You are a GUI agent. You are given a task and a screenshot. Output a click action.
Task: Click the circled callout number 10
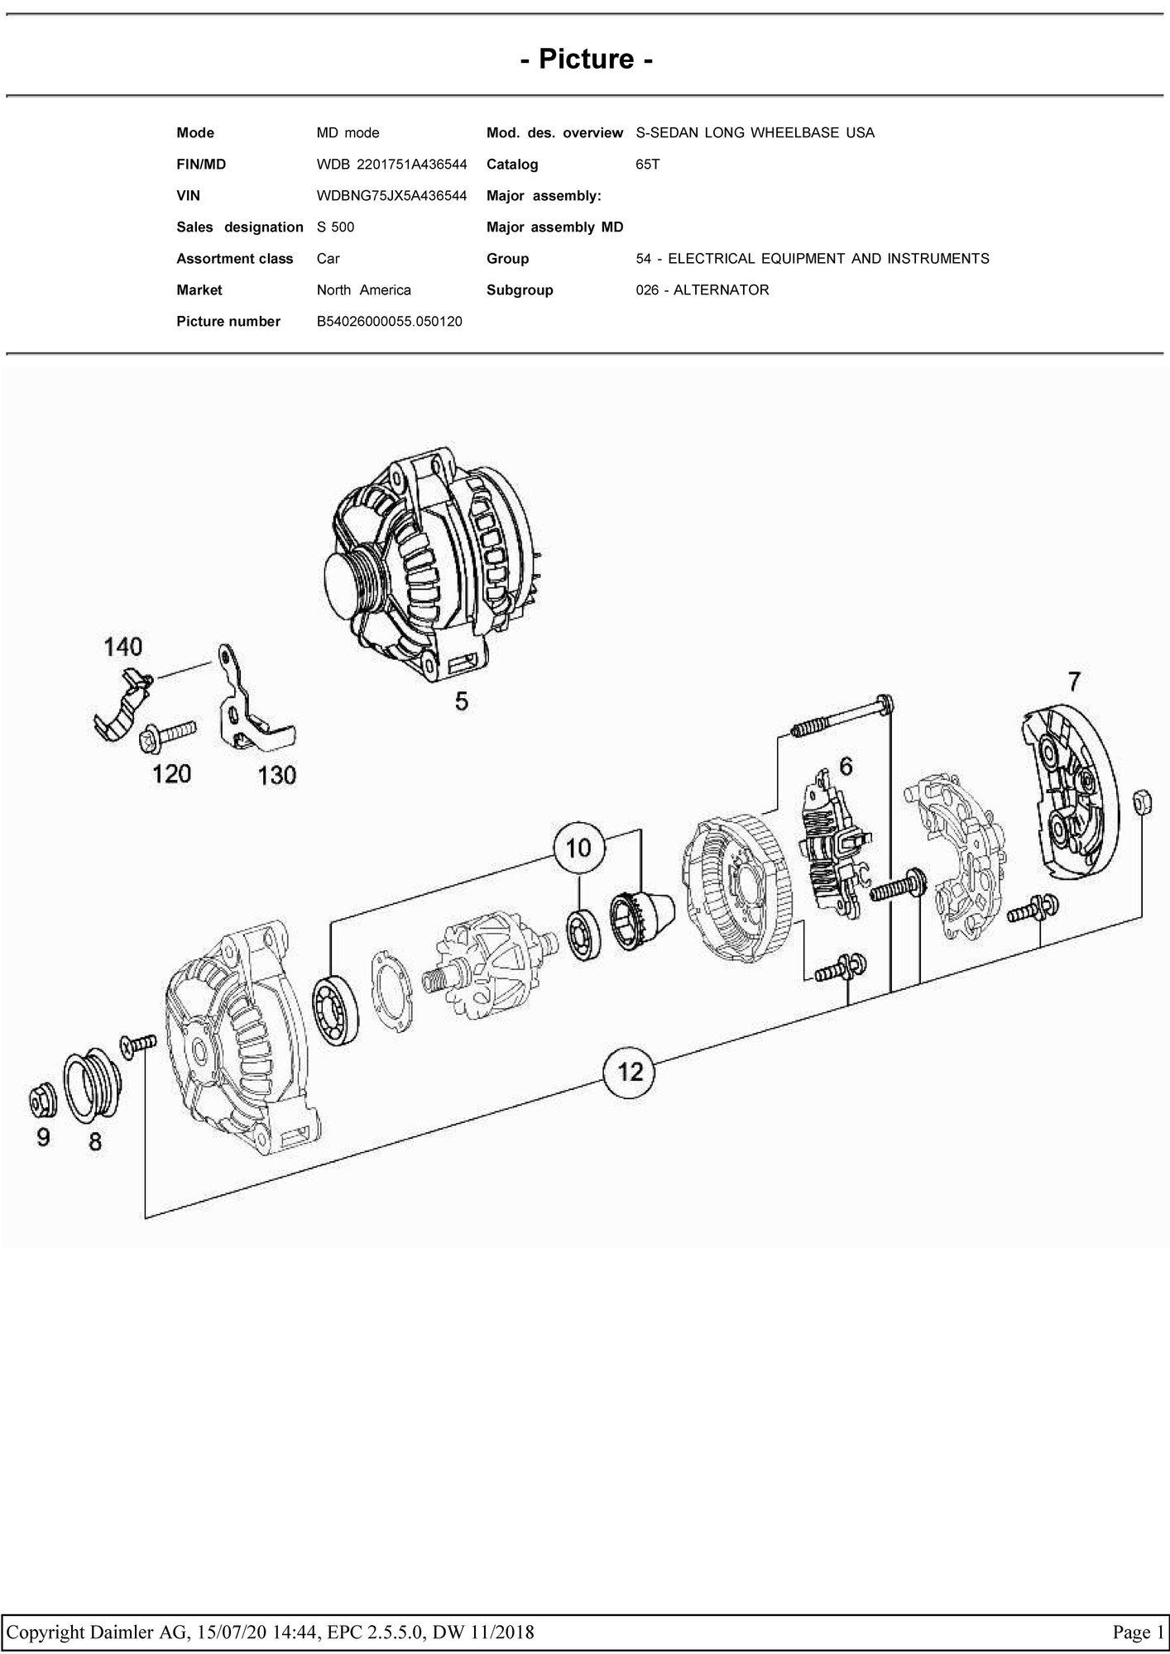(579, 848)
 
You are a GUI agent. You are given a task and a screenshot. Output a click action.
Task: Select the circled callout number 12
(631, 1072)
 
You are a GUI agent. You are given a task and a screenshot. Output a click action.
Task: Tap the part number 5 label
(462, 701)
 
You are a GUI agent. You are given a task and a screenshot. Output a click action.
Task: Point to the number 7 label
(1073, 681)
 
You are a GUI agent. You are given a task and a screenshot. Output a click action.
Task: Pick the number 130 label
(276, 775)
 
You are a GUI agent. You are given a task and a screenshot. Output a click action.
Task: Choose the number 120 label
(171, 774)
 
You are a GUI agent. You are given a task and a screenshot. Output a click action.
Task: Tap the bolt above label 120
(169, 733)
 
